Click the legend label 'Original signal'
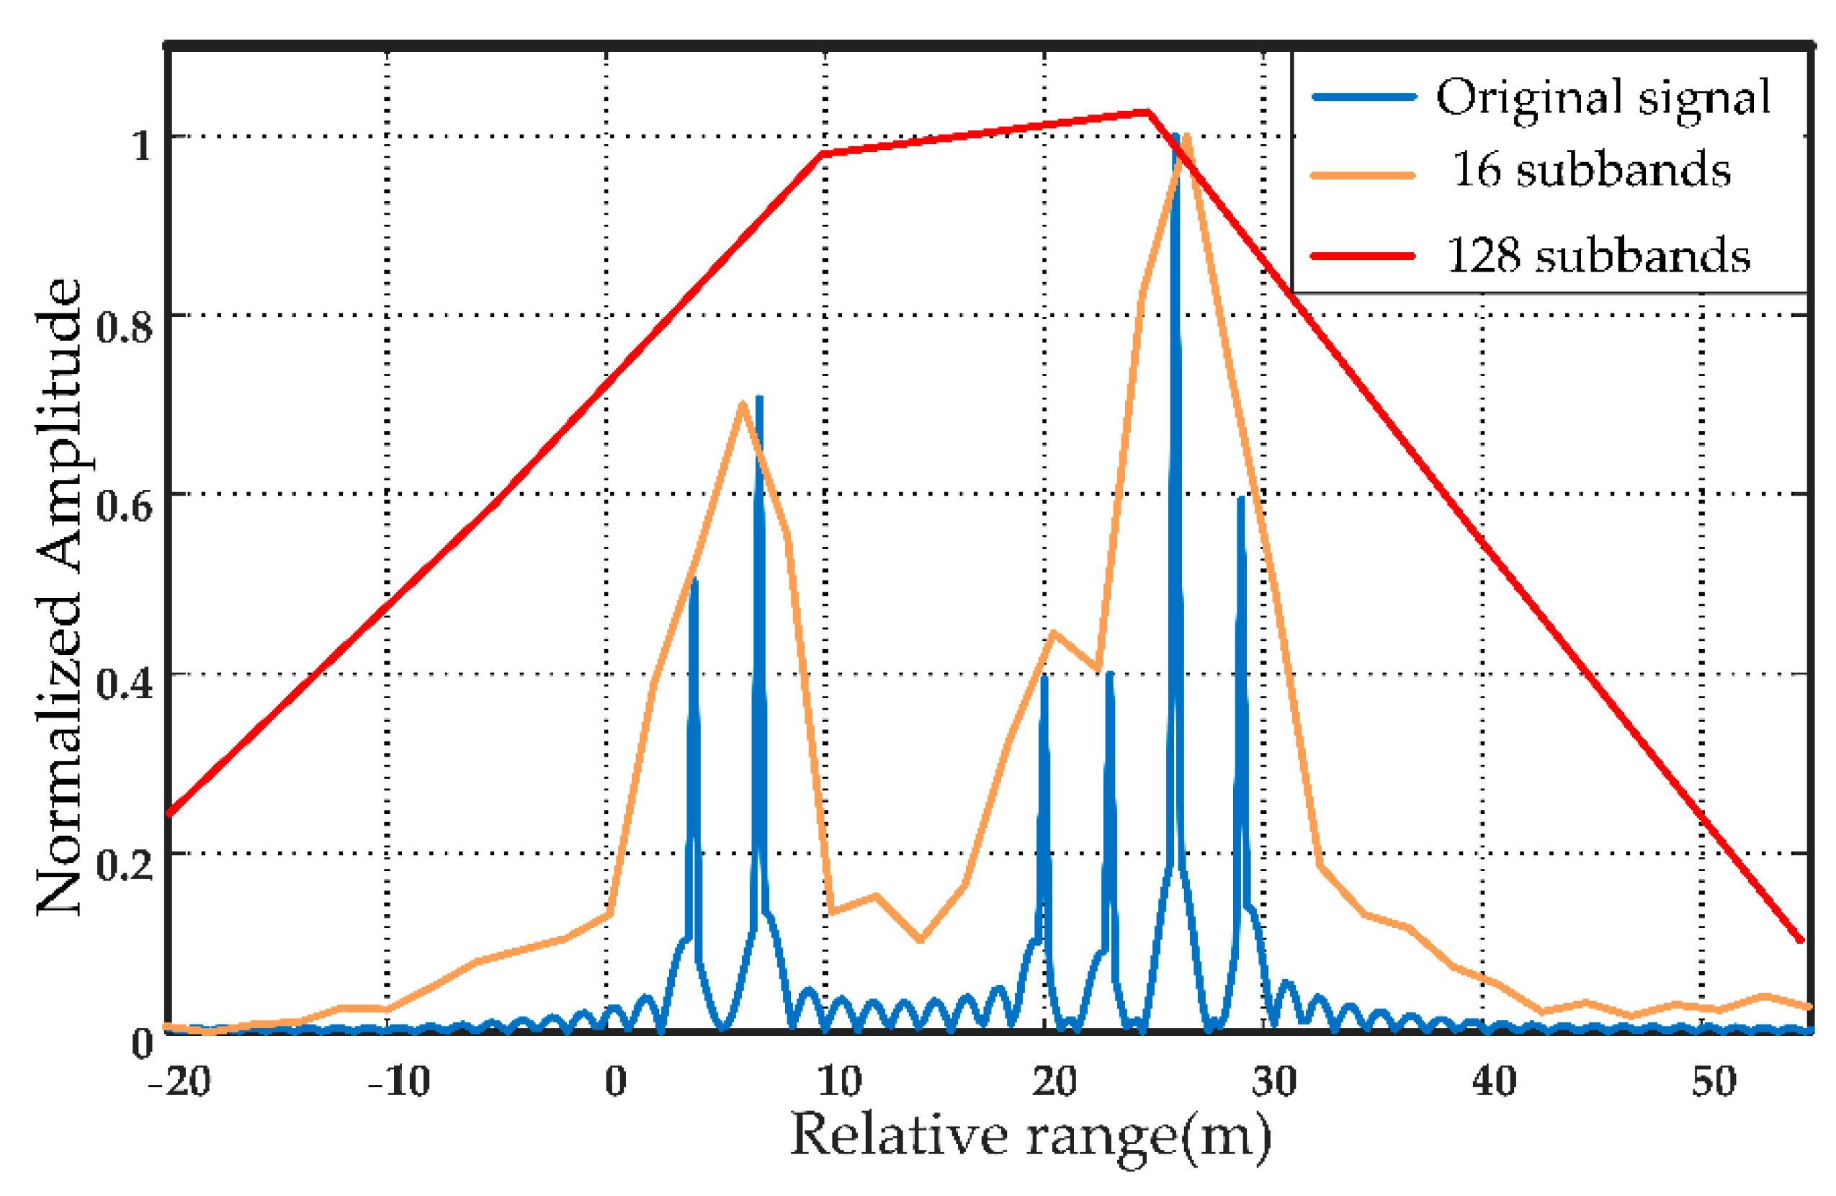pos(1602,99)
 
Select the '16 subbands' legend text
pos(1590,171)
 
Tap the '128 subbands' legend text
pos(1598,255)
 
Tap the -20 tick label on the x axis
pos(179,1081)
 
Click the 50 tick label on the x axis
pos(1714,1081)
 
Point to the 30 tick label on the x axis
pos(1273,1081)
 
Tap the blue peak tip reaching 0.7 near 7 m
pos(760,399)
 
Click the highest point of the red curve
pos(1148,112)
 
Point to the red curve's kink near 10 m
pos(823,153)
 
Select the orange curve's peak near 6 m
pos(742,403)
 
